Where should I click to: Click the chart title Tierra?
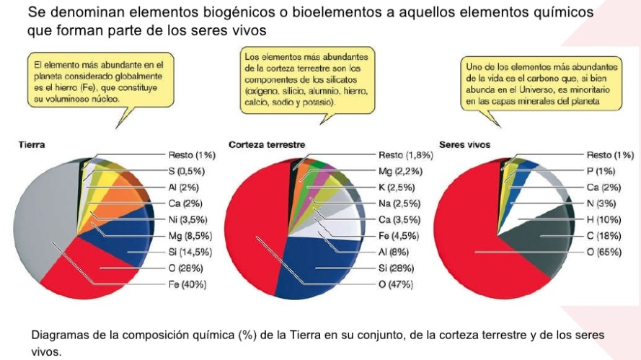coord(30,144)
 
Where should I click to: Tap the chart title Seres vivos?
coord(464,144)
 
